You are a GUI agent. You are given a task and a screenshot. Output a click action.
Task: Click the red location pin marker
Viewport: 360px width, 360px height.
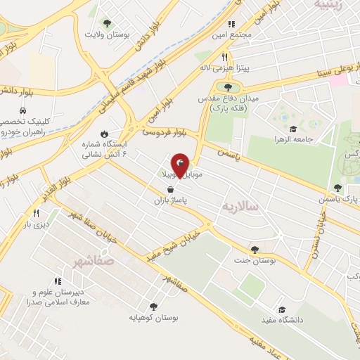(181, 167)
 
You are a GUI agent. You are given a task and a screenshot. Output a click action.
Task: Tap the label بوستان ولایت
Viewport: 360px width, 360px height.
(104, 34)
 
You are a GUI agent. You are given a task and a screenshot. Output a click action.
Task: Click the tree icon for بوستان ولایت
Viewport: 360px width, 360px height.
(106, 22)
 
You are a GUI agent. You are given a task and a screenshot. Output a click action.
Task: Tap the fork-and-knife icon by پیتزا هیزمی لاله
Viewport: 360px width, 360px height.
(225, 57)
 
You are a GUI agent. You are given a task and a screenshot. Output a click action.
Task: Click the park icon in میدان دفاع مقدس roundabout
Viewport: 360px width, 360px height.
(228, 86)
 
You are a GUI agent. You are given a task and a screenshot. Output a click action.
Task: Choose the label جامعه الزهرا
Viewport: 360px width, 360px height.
(309, 139)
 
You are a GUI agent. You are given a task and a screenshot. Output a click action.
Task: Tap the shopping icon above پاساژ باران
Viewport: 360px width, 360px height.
(170, 188)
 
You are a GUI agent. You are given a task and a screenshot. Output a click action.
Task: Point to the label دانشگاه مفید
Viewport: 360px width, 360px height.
(282, 321)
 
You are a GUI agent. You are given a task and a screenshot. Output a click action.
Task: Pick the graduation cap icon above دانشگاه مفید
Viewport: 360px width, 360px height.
(282, 309)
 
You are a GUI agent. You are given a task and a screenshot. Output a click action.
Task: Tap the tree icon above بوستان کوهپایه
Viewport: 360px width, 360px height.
(153, 306)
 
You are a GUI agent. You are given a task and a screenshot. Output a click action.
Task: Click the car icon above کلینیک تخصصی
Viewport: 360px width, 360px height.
(24, 110)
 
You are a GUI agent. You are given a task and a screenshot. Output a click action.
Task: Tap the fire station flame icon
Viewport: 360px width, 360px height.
(104, 133)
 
